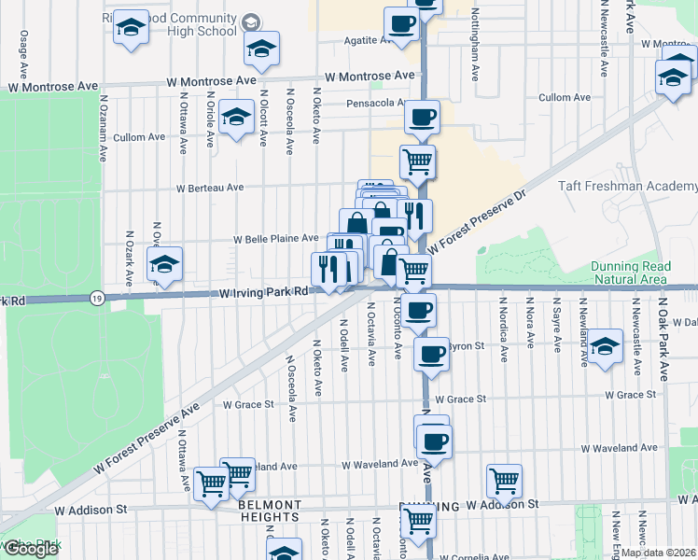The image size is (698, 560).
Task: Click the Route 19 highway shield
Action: [97, 298]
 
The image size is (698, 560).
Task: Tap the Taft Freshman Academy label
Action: [627, 187]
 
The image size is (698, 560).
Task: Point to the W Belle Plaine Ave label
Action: [276, 239]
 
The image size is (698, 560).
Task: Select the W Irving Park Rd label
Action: [264, 292]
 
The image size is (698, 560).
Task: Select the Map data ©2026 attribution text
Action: [658, 552]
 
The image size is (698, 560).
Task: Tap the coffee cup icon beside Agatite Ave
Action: [401, 25]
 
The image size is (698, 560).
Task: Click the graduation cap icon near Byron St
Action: [605, 347]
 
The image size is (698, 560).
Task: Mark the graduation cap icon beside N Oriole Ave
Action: [237, 119]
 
